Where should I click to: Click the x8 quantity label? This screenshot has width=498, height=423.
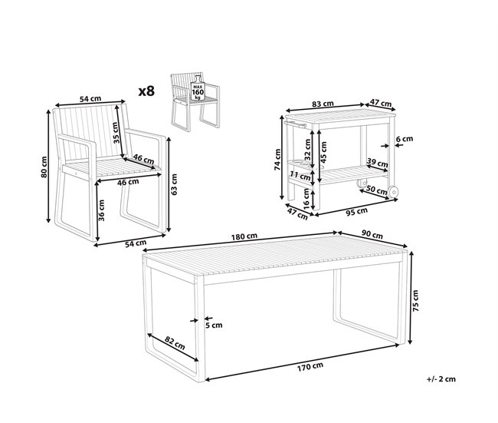tap(147, 91)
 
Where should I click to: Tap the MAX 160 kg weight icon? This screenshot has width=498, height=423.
tap(198, 88)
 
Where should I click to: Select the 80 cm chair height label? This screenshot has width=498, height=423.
tap(44, 167)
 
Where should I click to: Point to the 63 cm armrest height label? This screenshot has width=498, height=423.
tap(174, 184)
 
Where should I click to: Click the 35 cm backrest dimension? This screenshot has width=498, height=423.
tap(116, 132)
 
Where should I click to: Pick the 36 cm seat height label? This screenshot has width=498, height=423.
tap(101, 210)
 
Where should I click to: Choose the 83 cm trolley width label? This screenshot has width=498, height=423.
tap(323, 104)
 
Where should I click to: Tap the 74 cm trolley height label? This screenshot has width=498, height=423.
tap(277, 160)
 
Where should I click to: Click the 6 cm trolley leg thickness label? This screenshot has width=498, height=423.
tap(405, 139)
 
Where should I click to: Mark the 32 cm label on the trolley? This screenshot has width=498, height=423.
tap(307, 150)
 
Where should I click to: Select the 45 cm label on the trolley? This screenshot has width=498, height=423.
tap(323, 151)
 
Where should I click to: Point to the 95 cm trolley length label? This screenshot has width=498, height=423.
tap(356, 211)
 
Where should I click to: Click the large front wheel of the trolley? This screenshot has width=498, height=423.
tap(394, 192)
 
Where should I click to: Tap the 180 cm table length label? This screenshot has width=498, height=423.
tap(244, 236)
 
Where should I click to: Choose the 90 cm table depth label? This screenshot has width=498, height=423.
tap(372, 235)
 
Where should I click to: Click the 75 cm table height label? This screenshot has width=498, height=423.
tap(415, 300)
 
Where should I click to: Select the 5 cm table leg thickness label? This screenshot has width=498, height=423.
tap(214, 326)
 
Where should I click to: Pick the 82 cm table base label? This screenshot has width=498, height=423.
tap(175, 343)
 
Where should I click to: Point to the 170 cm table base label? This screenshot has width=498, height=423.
tap(310, 367)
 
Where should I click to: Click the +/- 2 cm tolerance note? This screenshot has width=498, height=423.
tap(441, 379)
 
